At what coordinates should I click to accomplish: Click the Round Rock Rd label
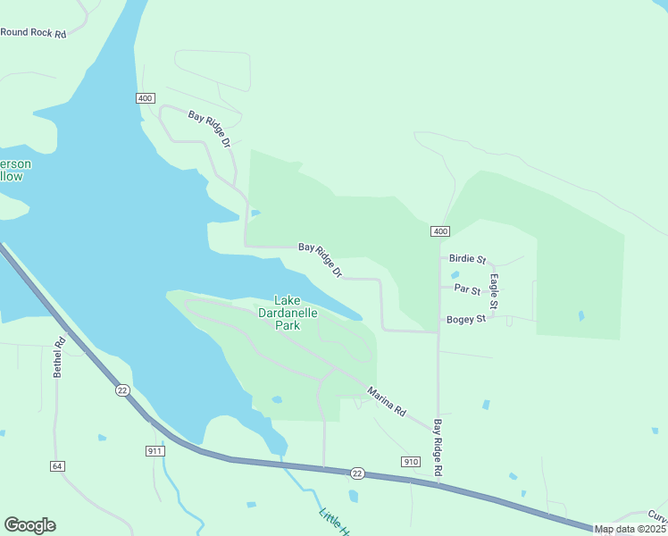[34, 33]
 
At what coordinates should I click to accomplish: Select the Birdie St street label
[467, 259]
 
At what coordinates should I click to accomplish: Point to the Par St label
[467, 289]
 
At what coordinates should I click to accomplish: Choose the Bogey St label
[466, 319]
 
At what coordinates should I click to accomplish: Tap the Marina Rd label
[387, 401]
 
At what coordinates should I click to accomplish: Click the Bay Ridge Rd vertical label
[438, 447]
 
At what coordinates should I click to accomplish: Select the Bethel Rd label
[60, 356]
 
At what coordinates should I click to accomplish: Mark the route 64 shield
[57, 466]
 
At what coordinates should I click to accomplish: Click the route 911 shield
[155, 451]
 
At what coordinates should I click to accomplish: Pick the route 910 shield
[410, 461]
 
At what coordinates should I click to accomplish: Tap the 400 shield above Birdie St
[439, 231]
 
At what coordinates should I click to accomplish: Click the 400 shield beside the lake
[146, 97]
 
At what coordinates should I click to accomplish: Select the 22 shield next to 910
[357, 473]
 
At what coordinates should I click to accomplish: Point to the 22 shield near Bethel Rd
[122, 389]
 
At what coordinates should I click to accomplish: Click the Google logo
[29, 525]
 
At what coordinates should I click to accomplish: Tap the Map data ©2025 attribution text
[630, 529]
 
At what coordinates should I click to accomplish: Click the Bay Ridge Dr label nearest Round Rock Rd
[210, 129]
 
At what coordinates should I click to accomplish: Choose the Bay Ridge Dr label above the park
[321, 259]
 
